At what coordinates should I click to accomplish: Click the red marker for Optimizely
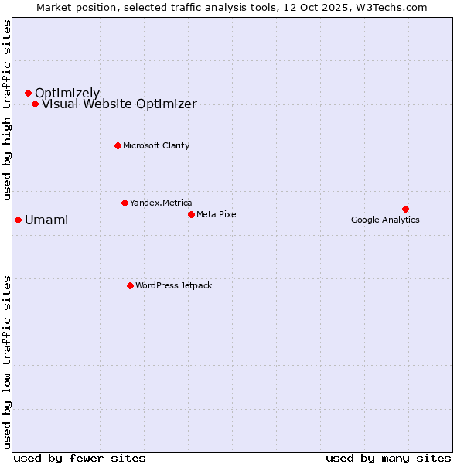click(28, 93)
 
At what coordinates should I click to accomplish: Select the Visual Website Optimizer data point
click(35, 104)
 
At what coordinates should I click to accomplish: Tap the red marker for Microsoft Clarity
click(118, 145)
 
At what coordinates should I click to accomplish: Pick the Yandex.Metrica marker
click(125, 203)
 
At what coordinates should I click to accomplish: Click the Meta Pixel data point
click(191, 214)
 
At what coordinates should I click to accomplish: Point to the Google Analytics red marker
click(405, 209)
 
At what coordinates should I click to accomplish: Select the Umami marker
click(18, 220)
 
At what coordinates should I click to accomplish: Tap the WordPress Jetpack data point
click(130, 285)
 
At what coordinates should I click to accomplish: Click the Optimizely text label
click(67, 94)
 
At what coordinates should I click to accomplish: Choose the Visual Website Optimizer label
click(119, 104)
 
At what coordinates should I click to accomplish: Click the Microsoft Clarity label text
click(156, 145)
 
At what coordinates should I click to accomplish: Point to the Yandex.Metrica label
click(161, 203)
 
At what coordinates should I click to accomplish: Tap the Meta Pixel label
click(217, 214)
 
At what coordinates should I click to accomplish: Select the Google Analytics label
click(385, 220)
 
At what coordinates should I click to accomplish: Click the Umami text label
click(46, 220)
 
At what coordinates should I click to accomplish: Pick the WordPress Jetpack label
click(173, 285)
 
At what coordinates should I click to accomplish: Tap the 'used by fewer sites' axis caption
click(80, 458)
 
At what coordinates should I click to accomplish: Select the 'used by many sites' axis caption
click(388, 458)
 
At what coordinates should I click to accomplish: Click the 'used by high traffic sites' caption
click(8, 110)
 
